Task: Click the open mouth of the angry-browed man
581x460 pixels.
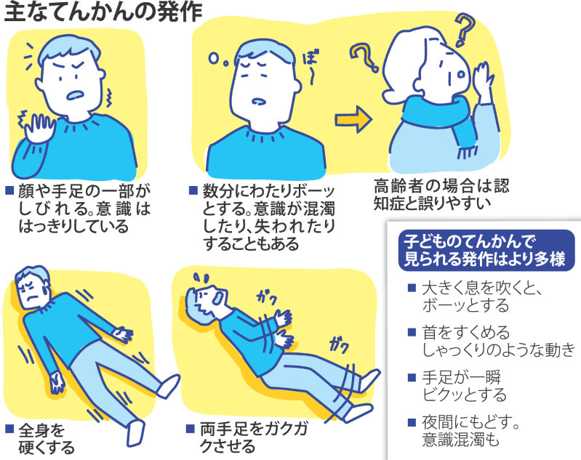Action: (75, 97)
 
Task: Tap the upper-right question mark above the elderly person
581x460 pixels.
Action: (463, 31)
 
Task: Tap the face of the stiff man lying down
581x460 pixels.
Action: (31, 289)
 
